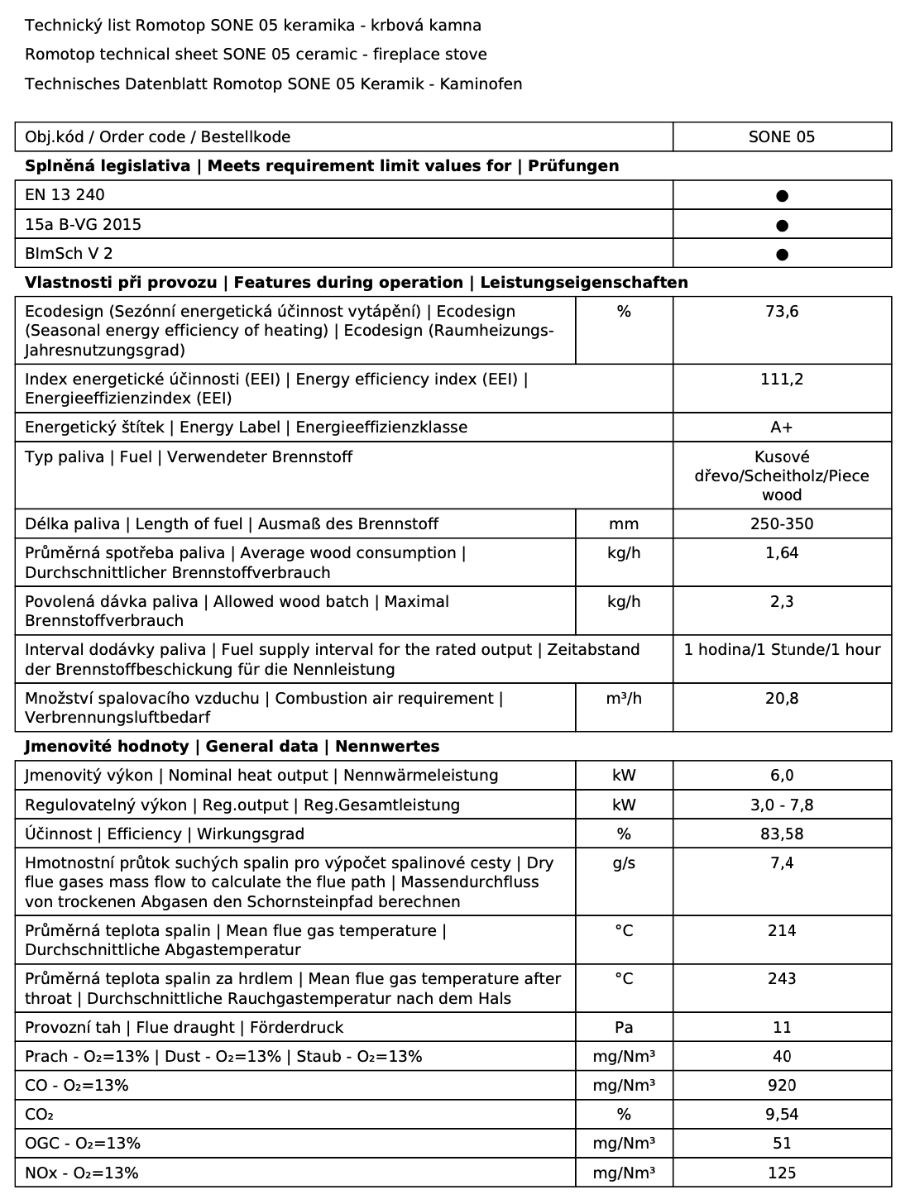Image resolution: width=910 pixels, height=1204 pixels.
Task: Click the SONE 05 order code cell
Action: (x=781, y=137)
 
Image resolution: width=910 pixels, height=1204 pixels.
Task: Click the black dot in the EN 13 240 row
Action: (x=782, y=196)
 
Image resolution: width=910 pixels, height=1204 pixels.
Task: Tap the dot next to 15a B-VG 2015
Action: (x=782, y=225)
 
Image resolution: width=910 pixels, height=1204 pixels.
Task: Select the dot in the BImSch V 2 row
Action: (x=782, y=254)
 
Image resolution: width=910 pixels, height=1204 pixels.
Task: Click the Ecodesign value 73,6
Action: (x=782, y=312)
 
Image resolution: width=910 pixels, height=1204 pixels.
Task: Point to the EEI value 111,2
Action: (x=782, y=380)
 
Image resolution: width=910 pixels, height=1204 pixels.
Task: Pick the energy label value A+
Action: (x=782, y=428)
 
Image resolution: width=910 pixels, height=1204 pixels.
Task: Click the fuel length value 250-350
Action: (x=782, y=524)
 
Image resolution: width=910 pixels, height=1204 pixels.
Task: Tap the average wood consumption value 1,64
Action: (x=782, y=553)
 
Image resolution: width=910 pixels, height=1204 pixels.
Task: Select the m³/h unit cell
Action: (x=624, y=699)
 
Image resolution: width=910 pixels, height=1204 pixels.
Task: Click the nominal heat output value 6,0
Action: (x=782, y=776)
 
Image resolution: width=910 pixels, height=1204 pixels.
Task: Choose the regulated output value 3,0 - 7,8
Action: (x=782, y=805)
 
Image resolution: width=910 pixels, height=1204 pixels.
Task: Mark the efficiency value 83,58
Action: (x=782, y=834)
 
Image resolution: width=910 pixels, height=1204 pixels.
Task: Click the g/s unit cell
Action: (x=624, y=863)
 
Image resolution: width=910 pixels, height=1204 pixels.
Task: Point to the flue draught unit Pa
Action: (x=624, y=1028)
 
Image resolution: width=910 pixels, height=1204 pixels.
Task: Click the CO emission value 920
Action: (x=782, y=1086)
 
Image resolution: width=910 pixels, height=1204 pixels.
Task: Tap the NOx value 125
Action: (x=782, y=1173)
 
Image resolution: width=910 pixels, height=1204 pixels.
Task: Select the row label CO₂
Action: (x=40, y=1115)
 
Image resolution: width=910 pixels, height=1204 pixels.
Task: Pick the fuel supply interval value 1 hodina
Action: (x=782, y=650)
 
